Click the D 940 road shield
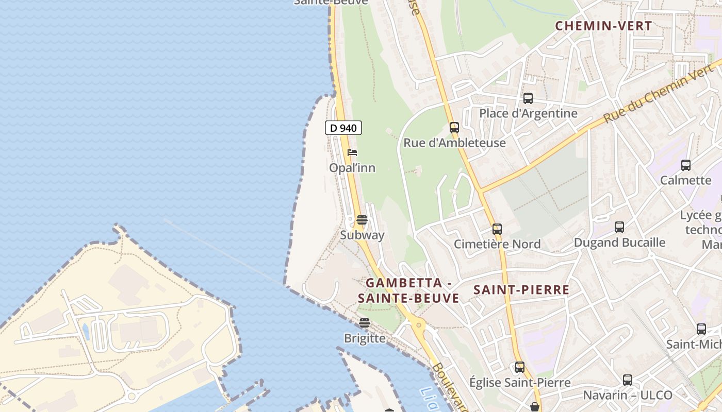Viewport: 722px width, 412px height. click(343, 128)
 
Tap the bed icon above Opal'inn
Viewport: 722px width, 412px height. click(352, 152)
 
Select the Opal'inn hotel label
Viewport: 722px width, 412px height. click(352, 168)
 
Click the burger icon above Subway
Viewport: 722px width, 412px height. click(362, 220)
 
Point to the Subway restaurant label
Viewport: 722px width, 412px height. click(362, 235)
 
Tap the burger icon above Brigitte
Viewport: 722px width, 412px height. click(365, 323)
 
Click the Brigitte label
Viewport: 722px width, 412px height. click(365, 338)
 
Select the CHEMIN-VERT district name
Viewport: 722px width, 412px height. click(603, 26)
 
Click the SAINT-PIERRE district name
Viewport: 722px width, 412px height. click(521, 290)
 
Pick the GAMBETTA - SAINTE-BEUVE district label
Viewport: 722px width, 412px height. click(408, 290)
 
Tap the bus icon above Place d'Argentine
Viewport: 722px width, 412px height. click(528, 98)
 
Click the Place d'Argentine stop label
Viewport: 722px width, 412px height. click(528, 113)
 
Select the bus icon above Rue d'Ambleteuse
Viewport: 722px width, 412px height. click(454, 128)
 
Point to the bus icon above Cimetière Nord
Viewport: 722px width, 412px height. click(497, 229)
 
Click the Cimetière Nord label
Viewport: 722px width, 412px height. click(497, 244)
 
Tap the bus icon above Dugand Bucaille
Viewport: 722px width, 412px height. click(619, 227)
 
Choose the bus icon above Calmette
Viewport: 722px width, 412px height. click(685, 165)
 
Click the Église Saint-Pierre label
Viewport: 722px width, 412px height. click(520, 382)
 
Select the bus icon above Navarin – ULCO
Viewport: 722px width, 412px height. click(627, 380)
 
